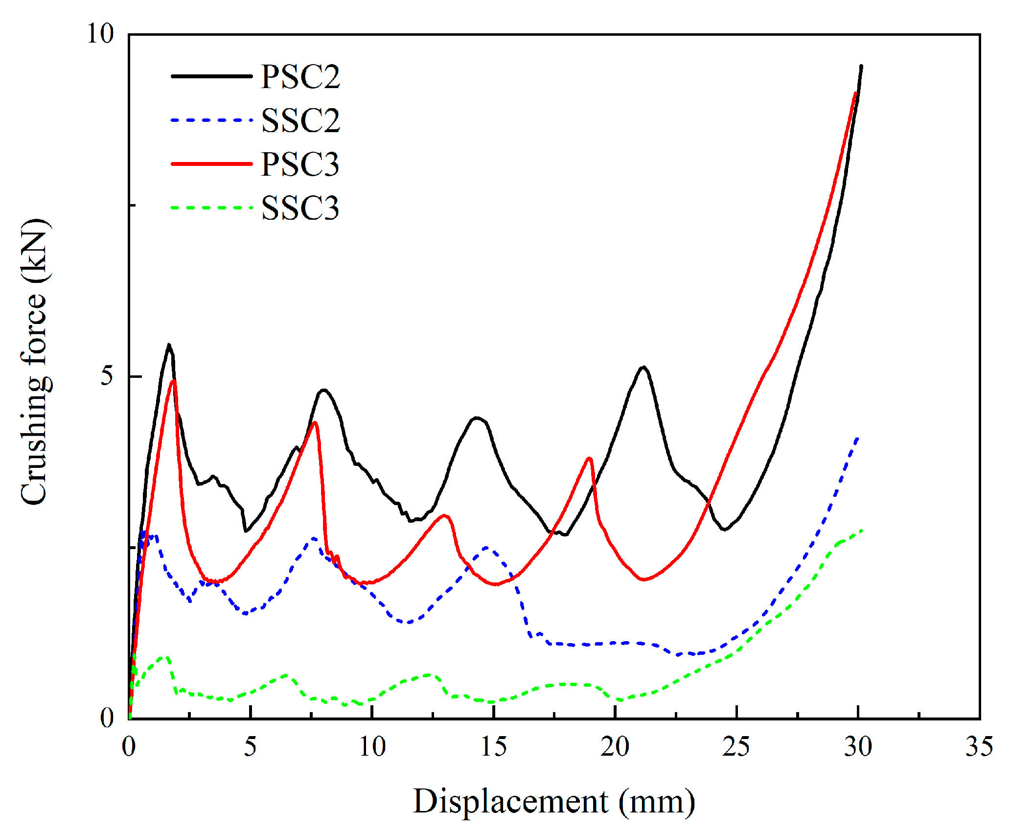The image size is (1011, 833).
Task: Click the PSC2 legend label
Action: (300, 77)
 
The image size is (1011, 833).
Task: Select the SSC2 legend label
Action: (300, 120)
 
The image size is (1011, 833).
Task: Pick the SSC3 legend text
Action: (300, 208)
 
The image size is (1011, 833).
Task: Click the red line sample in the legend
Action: (211, 164)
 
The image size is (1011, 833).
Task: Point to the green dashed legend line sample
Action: (211, 208)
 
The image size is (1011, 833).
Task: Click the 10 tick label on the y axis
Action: (100, 34)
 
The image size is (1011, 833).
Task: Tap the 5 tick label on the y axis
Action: (107, 376)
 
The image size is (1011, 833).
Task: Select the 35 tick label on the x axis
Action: (979, 747)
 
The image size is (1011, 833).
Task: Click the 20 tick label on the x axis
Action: (615, 747)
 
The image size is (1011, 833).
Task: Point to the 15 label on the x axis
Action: (493, 747)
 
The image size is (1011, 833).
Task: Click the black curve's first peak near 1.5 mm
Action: (169, 345)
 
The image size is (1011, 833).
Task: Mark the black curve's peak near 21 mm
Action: (643, 367)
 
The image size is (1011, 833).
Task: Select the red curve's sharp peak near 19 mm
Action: (589, 459)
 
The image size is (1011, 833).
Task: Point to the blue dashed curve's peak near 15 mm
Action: (487, 548)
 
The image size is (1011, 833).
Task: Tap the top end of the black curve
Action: (861, 66)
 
